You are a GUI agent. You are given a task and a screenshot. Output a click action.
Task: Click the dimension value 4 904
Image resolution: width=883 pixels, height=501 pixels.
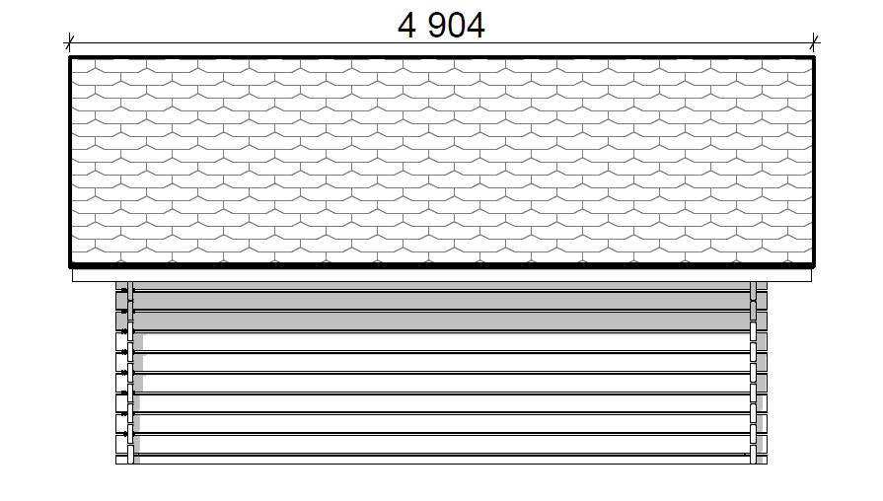coord(441,26)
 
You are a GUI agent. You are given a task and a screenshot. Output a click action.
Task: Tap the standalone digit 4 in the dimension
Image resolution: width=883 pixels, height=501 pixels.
coord(406,26)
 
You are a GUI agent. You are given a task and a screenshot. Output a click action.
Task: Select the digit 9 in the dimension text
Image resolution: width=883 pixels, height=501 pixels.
coord(438,26)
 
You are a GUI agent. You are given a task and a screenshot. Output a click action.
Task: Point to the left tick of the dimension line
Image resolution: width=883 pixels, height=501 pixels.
coord(69,42)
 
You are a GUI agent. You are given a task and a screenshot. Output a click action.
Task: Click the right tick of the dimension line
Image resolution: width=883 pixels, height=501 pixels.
coord(814,42)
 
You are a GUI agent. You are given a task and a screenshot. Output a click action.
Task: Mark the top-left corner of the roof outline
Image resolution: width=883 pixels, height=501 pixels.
coord(70,57)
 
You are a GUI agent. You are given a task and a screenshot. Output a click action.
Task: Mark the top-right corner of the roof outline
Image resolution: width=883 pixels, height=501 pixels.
coord(814,57)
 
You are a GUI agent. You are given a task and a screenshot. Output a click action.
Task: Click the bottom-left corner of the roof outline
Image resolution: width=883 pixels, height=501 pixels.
coord(70,265)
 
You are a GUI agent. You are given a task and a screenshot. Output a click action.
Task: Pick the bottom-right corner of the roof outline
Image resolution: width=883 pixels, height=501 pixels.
coord(814,265)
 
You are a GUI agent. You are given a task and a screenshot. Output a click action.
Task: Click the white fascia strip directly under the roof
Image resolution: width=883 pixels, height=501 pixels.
coord(442,275)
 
